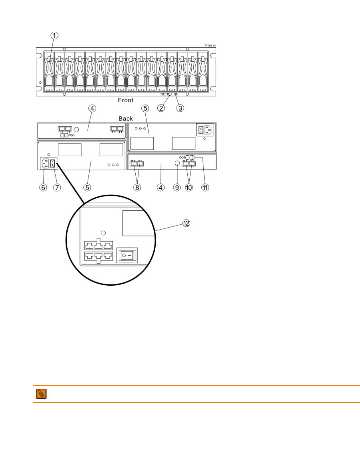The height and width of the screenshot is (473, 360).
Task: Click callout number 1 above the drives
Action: coord(54,35)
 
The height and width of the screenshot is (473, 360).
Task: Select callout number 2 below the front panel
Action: coord(161,108)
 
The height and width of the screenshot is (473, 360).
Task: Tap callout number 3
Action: coord(180,108)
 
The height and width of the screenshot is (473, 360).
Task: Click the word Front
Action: coord(126,100)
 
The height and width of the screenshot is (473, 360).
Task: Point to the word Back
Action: coord(126,118)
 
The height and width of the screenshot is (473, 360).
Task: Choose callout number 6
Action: coord(43,187)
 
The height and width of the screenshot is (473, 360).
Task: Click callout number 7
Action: coord(57,187)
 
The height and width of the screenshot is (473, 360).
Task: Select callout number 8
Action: coord(137,187)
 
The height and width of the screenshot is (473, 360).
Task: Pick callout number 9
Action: coord(177,187)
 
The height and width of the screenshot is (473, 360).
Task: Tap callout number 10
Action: coord(189,187)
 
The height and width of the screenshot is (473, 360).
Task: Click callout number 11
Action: coord(205,187)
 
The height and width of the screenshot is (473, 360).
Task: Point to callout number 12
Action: coord(186,223)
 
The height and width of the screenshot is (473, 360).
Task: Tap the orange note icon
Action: coord(41,394)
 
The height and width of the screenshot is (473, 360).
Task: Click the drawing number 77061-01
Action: coord(210,46)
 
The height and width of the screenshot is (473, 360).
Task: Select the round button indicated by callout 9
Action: coord(177,163)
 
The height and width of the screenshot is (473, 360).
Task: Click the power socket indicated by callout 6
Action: coord(45,163)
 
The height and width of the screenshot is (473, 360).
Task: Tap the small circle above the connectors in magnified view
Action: coord(103,233)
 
